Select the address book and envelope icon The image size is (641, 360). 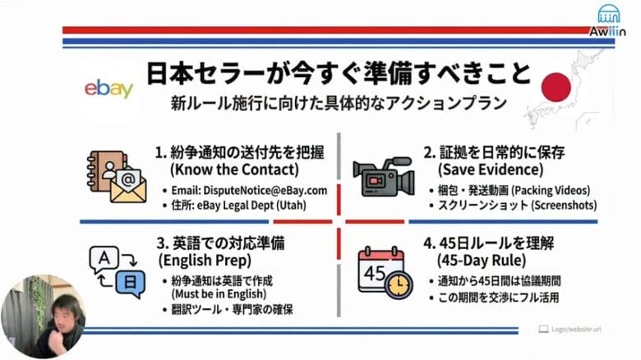coord(116,175)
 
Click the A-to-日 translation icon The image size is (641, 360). coord(116,272)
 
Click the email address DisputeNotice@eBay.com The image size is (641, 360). coord(250,190)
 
